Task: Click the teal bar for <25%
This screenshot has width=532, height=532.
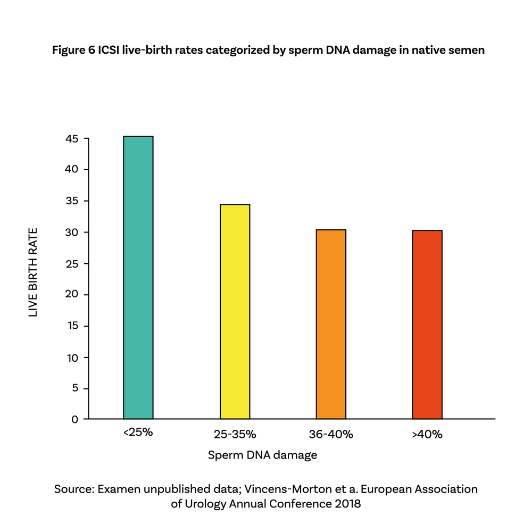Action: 138,278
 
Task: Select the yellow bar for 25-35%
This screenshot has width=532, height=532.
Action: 235,312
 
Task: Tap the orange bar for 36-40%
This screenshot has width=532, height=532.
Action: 331,324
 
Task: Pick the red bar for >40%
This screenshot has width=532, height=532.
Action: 427,325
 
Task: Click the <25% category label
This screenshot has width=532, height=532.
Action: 138,433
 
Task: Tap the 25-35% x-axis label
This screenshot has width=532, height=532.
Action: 235,434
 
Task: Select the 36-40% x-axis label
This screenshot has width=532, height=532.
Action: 331,434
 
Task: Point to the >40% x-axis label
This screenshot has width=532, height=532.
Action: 427,434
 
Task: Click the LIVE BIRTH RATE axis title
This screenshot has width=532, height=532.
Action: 34,272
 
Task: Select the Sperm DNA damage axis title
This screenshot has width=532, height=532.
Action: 262,455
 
